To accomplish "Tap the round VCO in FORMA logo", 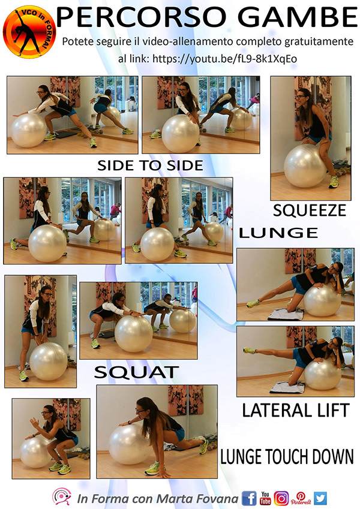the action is click(x=29, y=32).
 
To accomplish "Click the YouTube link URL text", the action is click(x=224, y=59).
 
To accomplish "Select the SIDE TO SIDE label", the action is click(x=150, y=165).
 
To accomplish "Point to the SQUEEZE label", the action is click(x=310, y=210).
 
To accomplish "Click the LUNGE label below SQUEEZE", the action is click(x=278, y=233).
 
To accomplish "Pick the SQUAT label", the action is click(x=136, y=372).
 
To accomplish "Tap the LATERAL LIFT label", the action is click(x=296, y=410).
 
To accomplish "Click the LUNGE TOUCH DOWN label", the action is click(x=287, y=456).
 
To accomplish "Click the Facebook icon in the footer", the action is click(x=249, y=498).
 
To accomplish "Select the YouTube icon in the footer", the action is click(x=265, y=498).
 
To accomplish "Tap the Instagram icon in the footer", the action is click(x=281, y=498).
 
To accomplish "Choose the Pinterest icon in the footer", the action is click(x=301, y=498).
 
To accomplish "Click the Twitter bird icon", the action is click(x=320, y=498).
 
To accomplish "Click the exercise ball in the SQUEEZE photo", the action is click(x=304, y=166).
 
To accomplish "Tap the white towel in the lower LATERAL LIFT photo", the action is click(x=287, y=387).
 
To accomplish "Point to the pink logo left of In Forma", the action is click(x=61, y=496).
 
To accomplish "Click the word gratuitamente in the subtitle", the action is click(x=319, y=42).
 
